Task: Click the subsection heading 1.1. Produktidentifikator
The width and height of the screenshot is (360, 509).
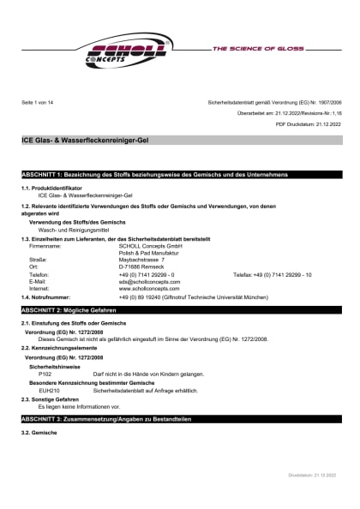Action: tap(52, 188)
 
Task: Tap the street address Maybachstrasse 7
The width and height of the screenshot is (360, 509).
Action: tap(141, 259)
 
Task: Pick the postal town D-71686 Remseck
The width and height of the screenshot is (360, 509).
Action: tap(143, 266)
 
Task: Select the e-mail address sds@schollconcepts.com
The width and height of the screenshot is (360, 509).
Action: tap(152, 281)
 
